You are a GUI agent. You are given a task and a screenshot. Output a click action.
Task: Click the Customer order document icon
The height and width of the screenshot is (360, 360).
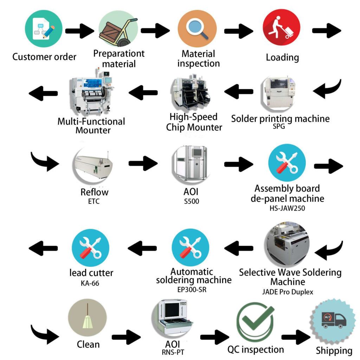click(44, 29)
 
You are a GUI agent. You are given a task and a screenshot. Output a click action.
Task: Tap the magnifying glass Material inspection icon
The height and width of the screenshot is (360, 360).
click(197, 28)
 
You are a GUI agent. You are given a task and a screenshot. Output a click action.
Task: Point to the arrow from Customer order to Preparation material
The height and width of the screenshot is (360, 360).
click(80, 31)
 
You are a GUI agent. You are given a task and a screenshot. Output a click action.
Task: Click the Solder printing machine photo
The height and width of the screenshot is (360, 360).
click(278, 92)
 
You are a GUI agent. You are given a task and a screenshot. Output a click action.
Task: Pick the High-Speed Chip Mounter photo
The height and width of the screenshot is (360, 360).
click(191, 92)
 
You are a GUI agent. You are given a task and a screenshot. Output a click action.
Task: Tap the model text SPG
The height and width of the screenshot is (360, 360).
click(279, 127)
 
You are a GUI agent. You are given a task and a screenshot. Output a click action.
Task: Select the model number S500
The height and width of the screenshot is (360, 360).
click(192, 201)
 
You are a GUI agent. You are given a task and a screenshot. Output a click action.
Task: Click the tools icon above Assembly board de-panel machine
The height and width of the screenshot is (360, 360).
click(287, 163)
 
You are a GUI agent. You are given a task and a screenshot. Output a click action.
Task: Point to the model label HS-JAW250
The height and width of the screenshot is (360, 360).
click(287, 208)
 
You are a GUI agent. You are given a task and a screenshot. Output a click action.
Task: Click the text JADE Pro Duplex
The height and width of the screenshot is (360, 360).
click(288, 292)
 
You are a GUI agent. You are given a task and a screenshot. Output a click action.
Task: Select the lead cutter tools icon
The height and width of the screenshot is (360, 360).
click(90, 248)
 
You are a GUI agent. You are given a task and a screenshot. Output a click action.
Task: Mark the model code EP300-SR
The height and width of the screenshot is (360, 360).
click(192, 290)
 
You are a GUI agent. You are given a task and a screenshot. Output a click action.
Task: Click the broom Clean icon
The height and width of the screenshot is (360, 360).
click(87, 317)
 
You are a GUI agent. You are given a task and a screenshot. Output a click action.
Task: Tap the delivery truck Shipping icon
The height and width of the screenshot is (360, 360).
click(333, 320)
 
